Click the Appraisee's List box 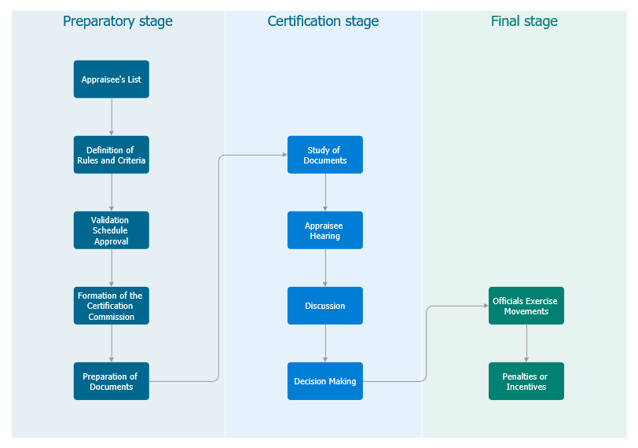tap(111, 79)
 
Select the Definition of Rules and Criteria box tap(111, 155)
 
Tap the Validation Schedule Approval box tap(111, 230)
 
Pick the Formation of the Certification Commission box tap(111, 306)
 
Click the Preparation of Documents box tap(111, 381)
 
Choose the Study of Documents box tap(324, 155)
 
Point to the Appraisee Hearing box tap(324, 230)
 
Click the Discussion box tap(324, 306)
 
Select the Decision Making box tap(324, 381)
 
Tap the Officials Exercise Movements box tap(526, 306)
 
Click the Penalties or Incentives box tap(526, 381)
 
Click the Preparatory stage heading tap(118, 21)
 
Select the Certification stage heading tap(323, 21)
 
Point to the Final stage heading tap(524, 21)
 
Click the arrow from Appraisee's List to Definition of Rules tap(112, 117)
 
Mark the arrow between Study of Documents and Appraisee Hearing tap(325, 193)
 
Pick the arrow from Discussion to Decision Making tap(325, 343)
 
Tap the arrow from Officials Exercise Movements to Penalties tap(526, 343)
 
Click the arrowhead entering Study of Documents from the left tap(283, 155)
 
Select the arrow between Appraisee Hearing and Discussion tap(325, 268)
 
